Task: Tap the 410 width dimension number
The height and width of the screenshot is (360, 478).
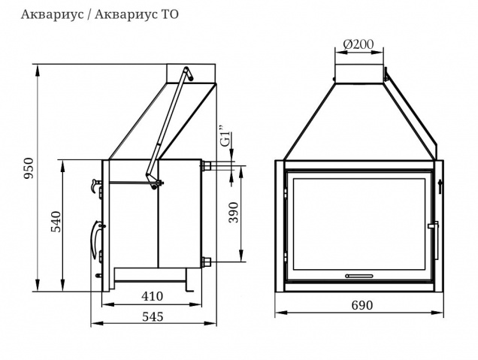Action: [151, 295]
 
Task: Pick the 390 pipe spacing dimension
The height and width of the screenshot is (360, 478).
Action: [234, 213]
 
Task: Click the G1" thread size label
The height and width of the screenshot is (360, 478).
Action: [225, 140]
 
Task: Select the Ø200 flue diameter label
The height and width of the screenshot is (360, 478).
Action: [358, 44]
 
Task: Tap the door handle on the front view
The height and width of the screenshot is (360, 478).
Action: [431, 225]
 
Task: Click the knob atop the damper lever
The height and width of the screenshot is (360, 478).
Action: [187, 73]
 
